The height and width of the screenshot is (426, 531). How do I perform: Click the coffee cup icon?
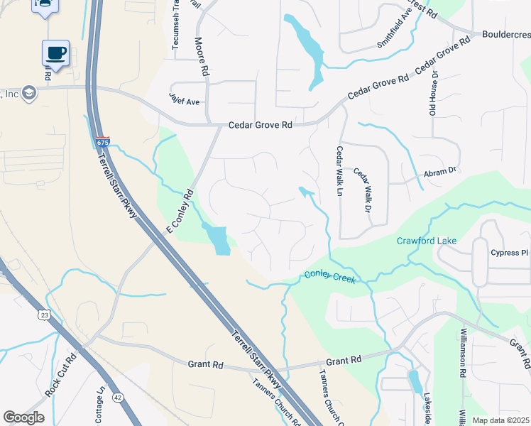[x=55, y=53]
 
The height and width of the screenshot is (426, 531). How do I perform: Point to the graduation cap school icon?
[x=29, y=92]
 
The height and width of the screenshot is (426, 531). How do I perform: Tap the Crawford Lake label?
[x=426, y=241]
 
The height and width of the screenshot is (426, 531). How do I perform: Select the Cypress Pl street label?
[x=510, y=253]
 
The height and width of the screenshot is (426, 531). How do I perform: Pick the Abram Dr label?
[x=440, y=171]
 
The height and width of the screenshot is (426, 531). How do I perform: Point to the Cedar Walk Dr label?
[x=363, y=190]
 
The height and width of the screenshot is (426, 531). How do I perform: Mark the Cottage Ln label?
[x=100, y=404]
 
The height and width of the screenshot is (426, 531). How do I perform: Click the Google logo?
[x=23, y=417]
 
